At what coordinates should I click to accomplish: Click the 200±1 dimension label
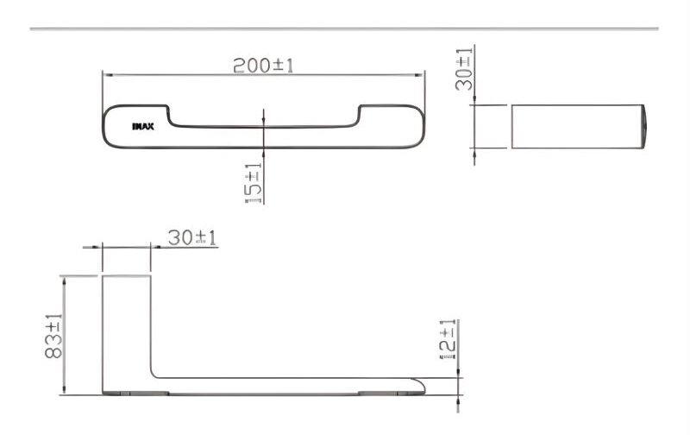(x=263, y=65)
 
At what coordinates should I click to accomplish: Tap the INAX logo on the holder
(x=143, y=127)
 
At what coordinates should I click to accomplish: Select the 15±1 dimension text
(x=253, y=183)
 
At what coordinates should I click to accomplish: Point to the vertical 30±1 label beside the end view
(x=464, y=69)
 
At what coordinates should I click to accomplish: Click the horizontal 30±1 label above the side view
(x=192, y=237)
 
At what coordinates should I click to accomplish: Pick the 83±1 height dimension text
(x=53, y=336)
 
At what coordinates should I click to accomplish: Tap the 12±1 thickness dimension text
(x=448, y=339)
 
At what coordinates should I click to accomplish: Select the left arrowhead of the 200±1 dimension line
(x=107, y=75)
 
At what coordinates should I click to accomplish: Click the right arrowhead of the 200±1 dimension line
(x=419, y=75)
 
